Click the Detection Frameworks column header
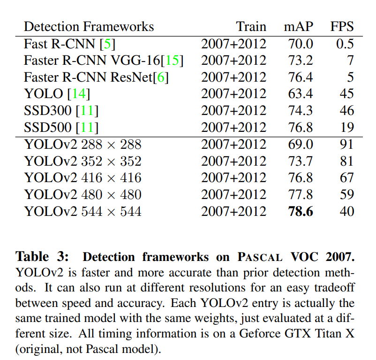89,26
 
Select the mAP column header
299,26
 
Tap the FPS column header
342,26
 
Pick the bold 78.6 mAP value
301,211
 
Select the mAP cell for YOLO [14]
301,94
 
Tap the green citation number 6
160,77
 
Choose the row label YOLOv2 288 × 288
83,144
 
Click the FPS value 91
346,144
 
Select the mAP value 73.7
301,161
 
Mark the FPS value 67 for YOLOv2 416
346,178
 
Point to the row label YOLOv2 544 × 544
83,211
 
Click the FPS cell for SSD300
346,111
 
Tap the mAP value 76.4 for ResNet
301,77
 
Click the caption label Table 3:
43,257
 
